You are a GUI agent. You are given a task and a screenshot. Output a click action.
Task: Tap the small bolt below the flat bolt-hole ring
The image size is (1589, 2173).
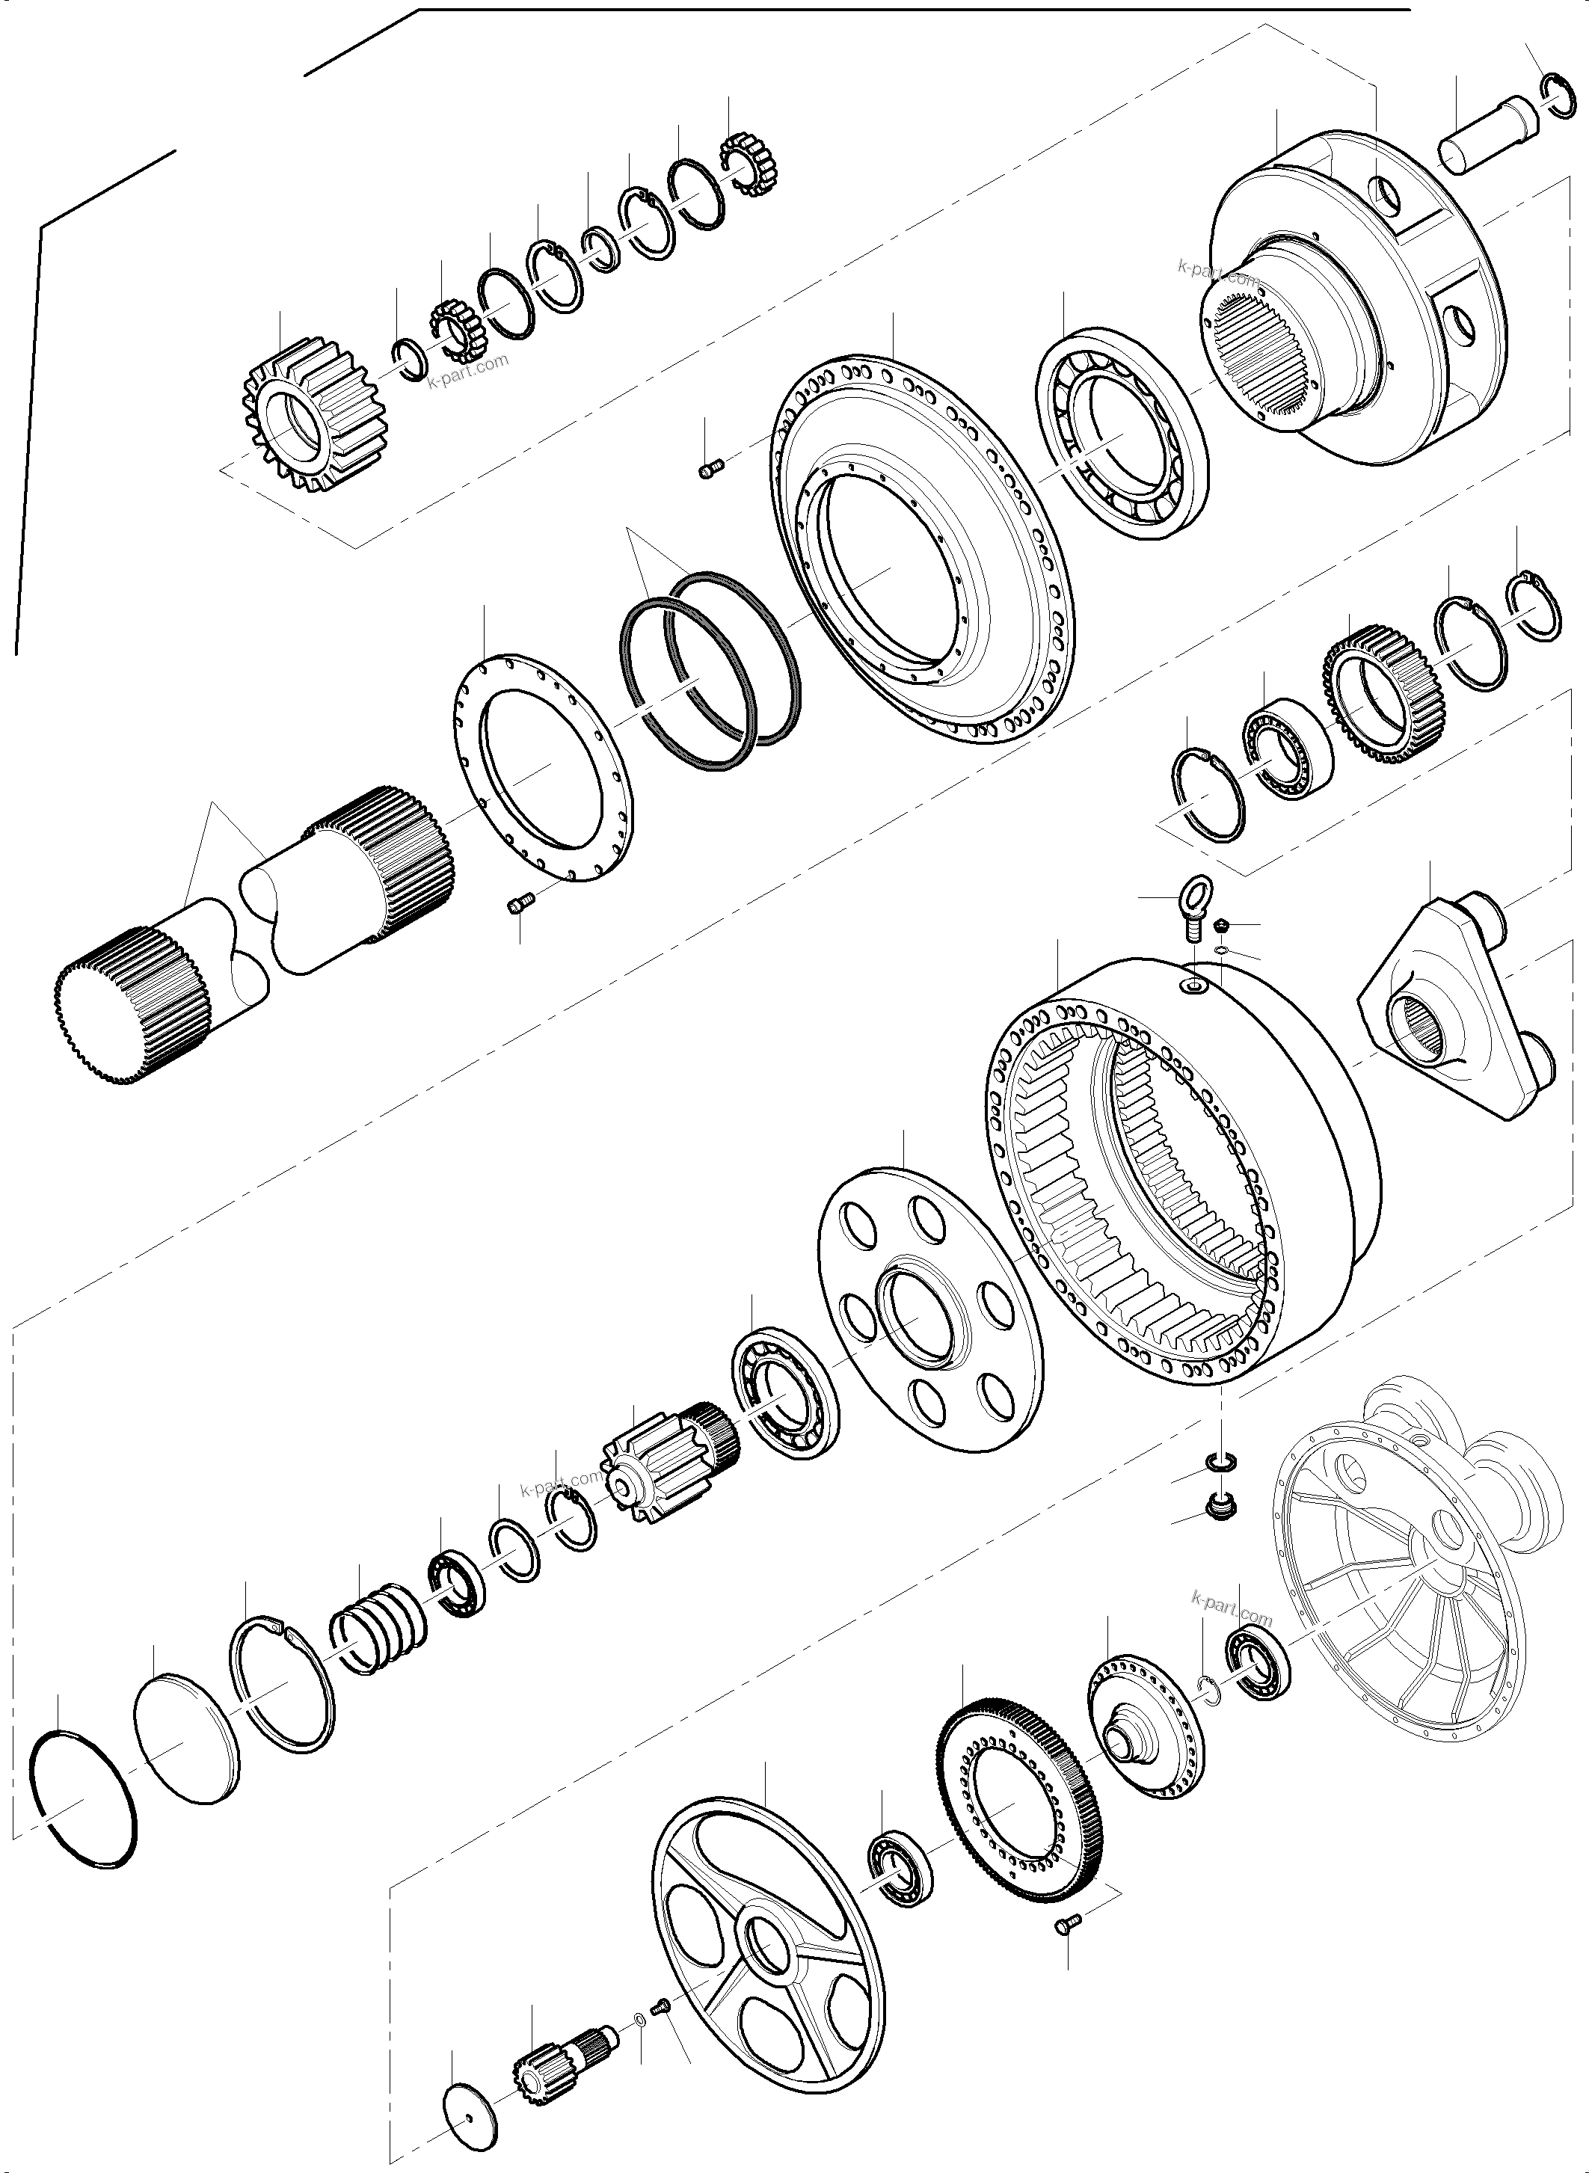(x=520, y=906)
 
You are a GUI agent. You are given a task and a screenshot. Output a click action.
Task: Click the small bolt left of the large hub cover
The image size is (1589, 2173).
(x=710, y=468)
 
